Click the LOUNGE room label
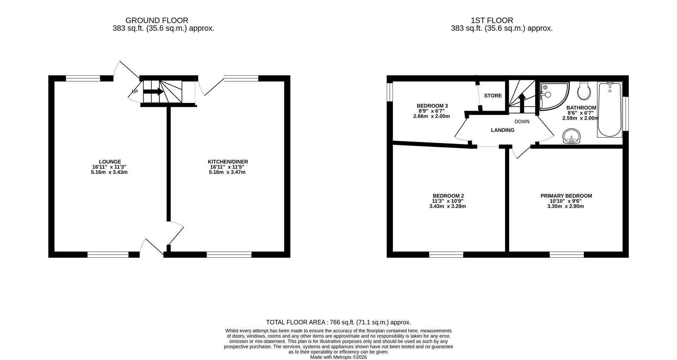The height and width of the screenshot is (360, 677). [110, 162]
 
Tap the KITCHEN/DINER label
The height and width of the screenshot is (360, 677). [227, 162]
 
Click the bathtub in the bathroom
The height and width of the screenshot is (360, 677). [610, 109]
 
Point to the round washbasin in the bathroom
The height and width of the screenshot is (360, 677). [571, 136]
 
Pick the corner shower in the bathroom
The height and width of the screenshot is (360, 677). [553, 95]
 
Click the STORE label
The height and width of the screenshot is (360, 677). [493, 96]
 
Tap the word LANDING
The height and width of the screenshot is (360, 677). [502, 130]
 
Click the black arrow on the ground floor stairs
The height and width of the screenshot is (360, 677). [153, 92]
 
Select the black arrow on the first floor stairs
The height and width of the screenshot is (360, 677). [522, 102]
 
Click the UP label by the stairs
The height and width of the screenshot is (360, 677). [135, 92]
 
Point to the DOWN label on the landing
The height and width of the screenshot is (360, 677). [522, 122]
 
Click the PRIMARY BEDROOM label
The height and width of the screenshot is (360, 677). [566, 196]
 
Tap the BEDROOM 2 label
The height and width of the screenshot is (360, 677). [448, 196]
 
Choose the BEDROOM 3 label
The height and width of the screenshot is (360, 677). [432, 106]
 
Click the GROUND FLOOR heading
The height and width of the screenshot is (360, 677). [157, 20]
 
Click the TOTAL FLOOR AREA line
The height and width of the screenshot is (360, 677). [338, 322]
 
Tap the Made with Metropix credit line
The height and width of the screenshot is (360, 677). [338, 357]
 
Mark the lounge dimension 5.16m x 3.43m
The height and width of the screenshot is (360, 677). [109, 172]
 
